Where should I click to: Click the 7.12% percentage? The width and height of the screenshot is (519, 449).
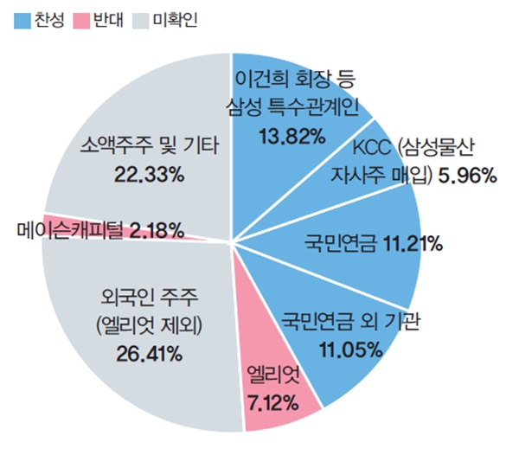pyautogui.click(x=272, y=400)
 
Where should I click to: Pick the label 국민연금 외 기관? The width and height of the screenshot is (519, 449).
pyautogui.click(x=350, y=324)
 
